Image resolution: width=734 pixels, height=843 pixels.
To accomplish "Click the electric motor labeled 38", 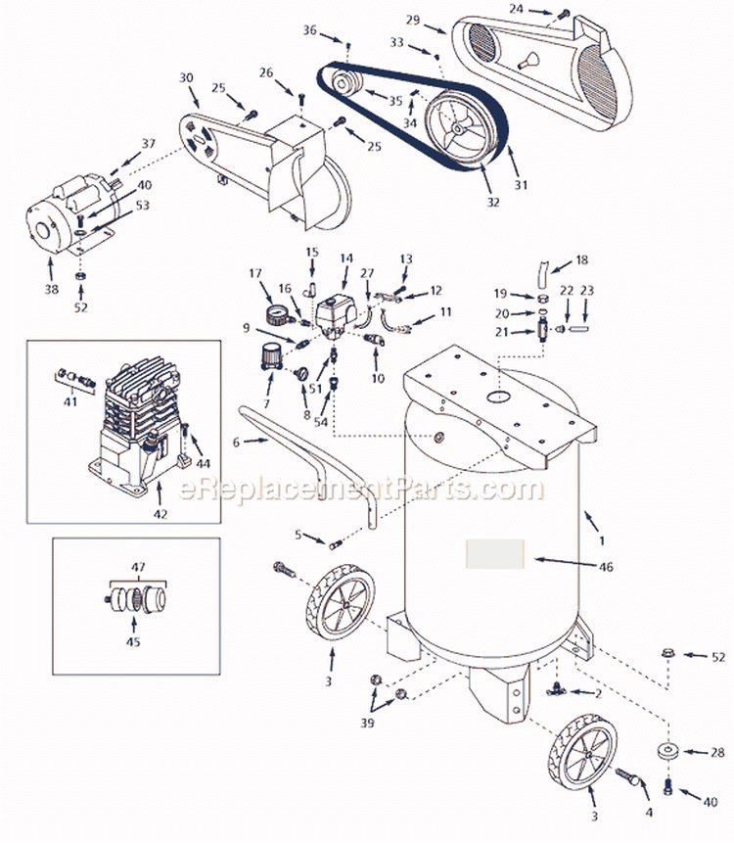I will pos(74,217).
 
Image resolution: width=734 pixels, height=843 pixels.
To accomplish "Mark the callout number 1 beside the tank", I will pos(602,539).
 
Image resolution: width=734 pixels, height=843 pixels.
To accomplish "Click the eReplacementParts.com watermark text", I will pos(358,487).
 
